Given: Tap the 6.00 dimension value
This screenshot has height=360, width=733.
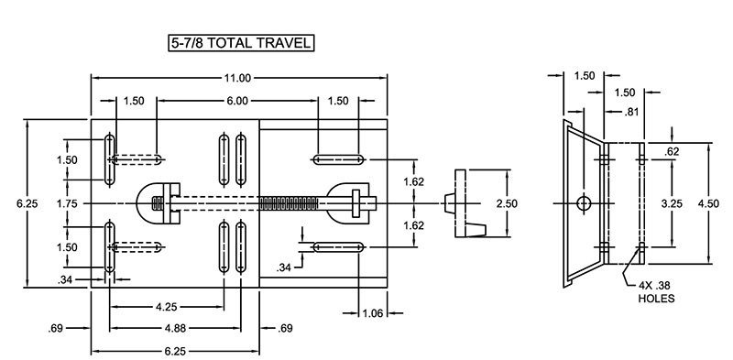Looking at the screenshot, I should pyautogui.click(x=237, y=101).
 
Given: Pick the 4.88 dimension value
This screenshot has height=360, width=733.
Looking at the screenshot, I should pyautogui.click(x=166, y=327).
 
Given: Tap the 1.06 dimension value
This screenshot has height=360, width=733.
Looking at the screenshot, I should pyautogui.click(x=372, y=313).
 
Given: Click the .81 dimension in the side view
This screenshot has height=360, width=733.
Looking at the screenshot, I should pyautogui.click(x=630, y=113).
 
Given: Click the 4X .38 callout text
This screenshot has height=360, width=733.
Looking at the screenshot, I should pyautogui.click(x=656, y=285).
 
